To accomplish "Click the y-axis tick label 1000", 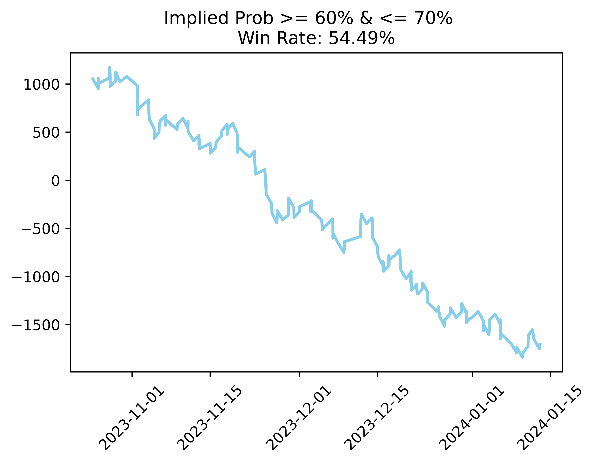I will [x=41, y=85].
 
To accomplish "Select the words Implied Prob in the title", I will [x=219, y=18].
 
